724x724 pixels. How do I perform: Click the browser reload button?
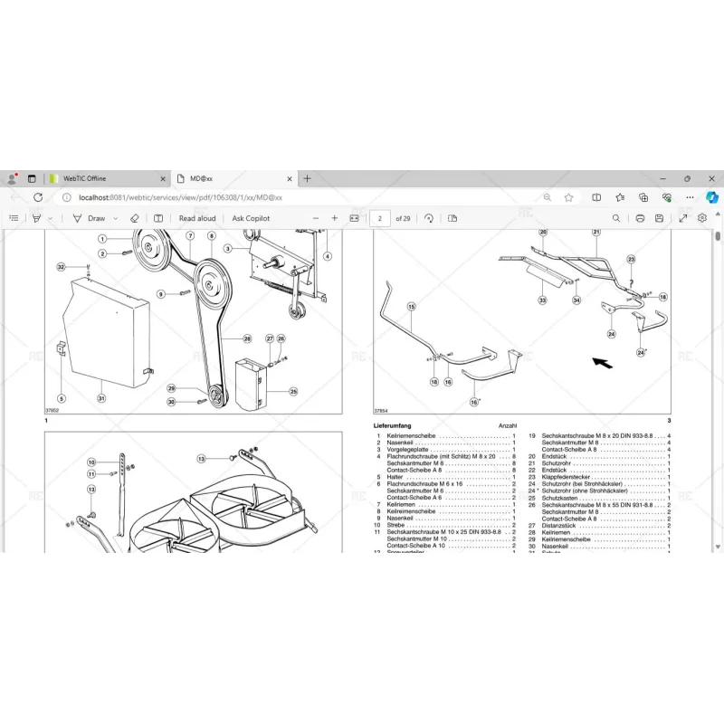pos(38,197)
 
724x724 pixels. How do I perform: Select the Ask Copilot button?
pos(251,218)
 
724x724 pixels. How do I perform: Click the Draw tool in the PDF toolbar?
pos(90,218)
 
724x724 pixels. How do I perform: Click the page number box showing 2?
pos(380,218)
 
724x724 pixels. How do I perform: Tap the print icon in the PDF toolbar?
pos(640,218)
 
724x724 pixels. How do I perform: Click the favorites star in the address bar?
pos(568,197)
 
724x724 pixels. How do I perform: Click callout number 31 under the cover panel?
pos(101,399)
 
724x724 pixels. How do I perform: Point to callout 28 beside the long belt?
pos(247,338)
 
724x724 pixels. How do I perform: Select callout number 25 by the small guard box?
pos(293,391)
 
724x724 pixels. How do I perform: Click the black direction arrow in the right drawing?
pos(601,362)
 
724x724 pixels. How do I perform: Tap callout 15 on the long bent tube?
pos(411,307)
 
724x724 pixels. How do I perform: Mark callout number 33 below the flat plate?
pos(542,300)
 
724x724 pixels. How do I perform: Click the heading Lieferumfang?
pos(392,425)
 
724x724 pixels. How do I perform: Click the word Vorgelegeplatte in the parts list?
pos(411,450)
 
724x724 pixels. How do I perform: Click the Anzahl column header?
pos(507,425)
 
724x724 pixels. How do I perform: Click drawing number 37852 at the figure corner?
pos(54,412)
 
